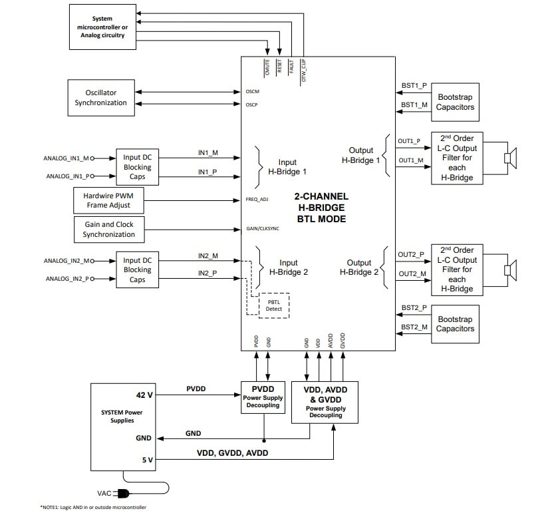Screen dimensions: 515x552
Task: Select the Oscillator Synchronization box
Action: [100, 98]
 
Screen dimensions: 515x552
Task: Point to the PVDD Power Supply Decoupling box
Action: [262, 397]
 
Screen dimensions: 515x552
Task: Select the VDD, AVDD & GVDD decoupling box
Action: [326, 401]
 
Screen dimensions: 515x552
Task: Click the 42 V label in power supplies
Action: [144, 395]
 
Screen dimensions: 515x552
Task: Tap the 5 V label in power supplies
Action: [146, 458]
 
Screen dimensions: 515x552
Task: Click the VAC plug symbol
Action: [121, 493]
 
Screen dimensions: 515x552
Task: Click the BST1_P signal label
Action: [414, 86]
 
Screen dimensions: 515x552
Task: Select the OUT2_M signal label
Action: [412, 274]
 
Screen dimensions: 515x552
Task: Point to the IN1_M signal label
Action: [207, 153]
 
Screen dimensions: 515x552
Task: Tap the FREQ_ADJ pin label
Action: [257, 200]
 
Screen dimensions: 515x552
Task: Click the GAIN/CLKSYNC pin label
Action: [262, 230]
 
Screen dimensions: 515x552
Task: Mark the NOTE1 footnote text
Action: [93, 507]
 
